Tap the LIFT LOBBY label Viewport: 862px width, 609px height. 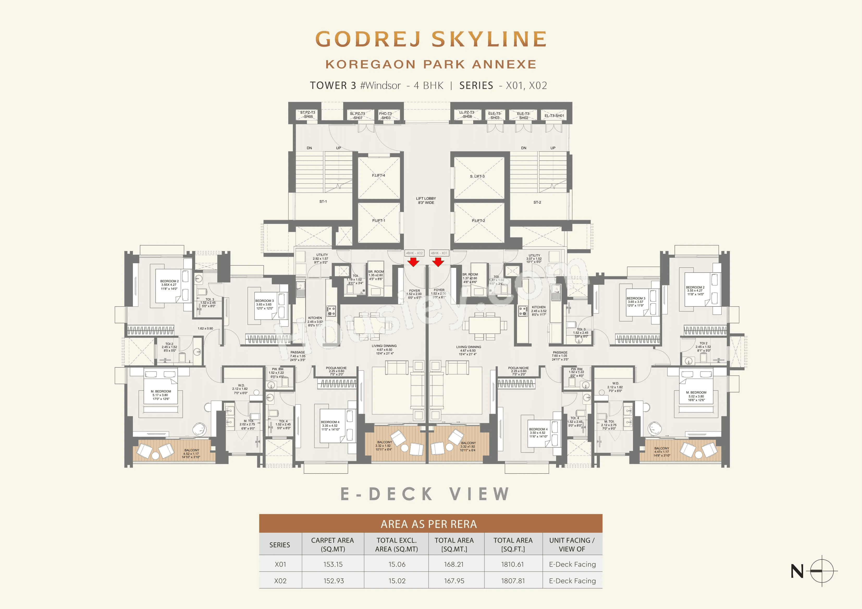tap(426, 200)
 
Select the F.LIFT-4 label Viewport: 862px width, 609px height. tap(378, 175)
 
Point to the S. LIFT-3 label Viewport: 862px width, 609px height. tap(477, 176)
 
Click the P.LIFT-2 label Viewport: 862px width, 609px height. tap(478, 221)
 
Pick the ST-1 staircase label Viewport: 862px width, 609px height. tap(323, 202)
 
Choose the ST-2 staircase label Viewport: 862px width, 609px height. tap(537, 202)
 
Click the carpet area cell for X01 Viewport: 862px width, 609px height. tap(333, 564)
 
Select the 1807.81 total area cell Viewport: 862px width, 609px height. tap(513, 580)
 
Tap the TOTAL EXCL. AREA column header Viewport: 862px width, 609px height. tap(396, 544)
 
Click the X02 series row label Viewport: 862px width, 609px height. tap(280, 580)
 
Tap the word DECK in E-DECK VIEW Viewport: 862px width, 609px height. tap(401, 494)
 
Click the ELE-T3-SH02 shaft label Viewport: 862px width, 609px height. tap(523, 116)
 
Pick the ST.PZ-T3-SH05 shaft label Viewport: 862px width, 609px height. tap(308, 115)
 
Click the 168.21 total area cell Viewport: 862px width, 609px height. tap(454, 564)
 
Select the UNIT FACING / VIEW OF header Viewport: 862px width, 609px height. tap(572, 544)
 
